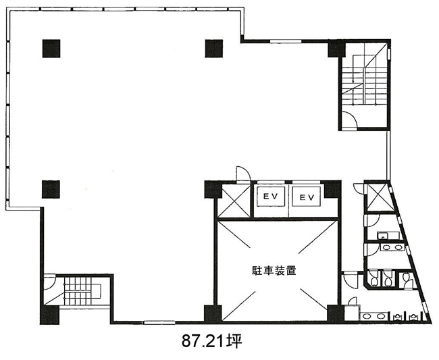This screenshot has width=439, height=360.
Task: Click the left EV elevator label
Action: [270, 197]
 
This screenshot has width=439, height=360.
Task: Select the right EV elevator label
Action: [307, 197]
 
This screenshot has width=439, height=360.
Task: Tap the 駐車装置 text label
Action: [274, 270]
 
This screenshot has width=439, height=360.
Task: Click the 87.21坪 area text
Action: [212, 341]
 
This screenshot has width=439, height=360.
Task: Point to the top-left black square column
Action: [51, 49]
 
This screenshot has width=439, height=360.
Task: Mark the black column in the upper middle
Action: [214, 49]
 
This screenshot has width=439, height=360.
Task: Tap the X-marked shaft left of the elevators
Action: [234, 201]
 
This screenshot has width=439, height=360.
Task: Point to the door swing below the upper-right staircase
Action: [350, 119]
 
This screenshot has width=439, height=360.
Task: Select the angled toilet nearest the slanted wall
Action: [407, 280]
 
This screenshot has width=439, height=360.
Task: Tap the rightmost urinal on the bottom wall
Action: [413, 317]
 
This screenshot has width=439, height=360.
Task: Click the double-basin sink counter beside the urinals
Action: [374, 316]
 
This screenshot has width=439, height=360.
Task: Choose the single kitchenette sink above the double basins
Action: [382, 236]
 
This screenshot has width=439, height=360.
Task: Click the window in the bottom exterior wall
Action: [159, 322]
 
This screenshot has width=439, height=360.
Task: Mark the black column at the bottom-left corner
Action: [49, 315]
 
